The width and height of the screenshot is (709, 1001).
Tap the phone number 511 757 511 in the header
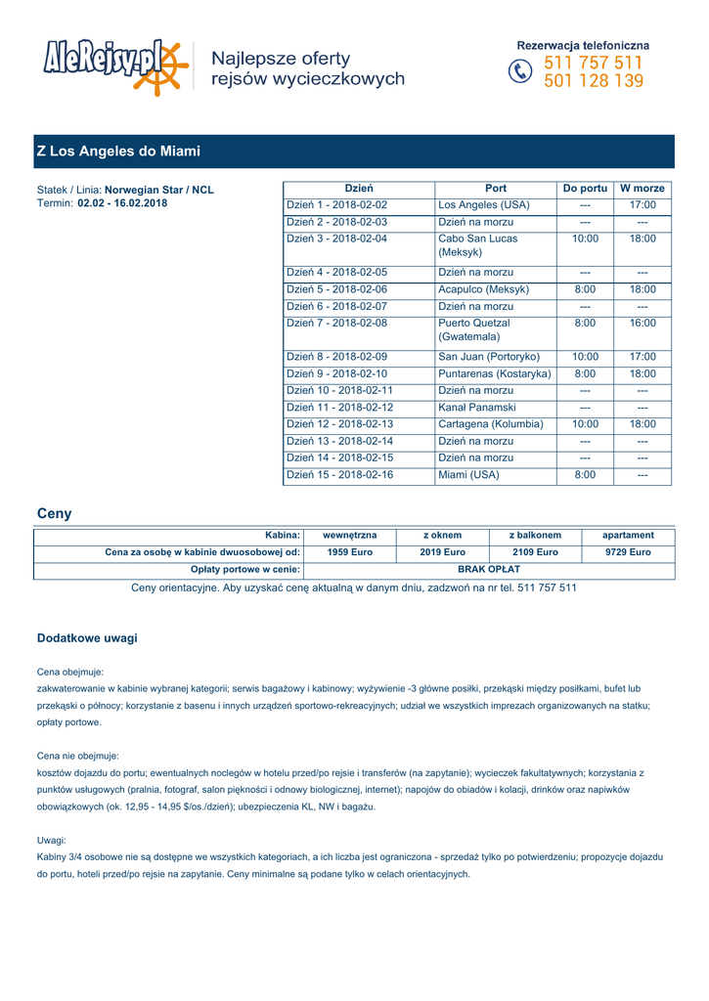593,64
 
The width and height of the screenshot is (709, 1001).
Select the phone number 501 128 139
593,81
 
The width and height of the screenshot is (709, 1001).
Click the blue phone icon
520,72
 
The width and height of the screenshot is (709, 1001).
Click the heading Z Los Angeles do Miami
118,152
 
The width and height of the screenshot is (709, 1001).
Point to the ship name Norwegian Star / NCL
159,190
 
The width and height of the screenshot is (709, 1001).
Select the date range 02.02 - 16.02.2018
122,203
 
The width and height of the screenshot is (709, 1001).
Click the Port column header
496,188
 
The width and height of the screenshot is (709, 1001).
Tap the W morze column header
643,188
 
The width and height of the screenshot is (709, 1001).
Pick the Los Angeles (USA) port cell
484,205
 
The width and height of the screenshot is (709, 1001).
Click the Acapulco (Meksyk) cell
484,289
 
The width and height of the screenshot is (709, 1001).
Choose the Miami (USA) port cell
469,475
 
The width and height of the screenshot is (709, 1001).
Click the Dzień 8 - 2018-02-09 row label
337,357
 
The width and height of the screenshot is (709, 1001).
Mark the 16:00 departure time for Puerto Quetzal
643,323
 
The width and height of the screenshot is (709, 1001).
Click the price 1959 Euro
349,552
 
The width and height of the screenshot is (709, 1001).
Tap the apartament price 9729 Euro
628,552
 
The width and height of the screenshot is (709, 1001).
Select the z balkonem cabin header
535,536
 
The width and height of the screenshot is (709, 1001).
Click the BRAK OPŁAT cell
489,569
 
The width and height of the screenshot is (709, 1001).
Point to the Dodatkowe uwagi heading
87,638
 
